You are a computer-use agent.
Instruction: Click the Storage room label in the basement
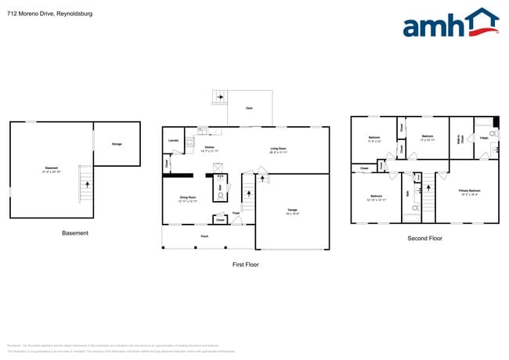[x=117, y=144]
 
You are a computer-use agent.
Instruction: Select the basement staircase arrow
[x=87, y=185]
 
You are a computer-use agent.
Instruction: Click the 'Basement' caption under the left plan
[x=75, y=233]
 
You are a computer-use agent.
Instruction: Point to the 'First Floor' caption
[x=245, y=265]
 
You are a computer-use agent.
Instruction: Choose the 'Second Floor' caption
[x=424, y=238]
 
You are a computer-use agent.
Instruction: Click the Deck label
[x=249, y=108]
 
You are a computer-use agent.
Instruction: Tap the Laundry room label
[x=173, y=141]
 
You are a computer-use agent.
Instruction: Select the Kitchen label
[x=209, y=148]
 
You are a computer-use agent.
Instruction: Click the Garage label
[x=292, y=210]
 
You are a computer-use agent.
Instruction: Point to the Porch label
[x=204, y=236]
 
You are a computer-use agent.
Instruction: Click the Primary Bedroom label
[x=469, y=190]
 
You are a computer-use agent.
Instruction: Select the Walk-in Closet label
[x=460, y=140]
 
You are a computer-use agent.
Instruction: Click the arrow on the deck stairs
[x=220, y=97]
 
